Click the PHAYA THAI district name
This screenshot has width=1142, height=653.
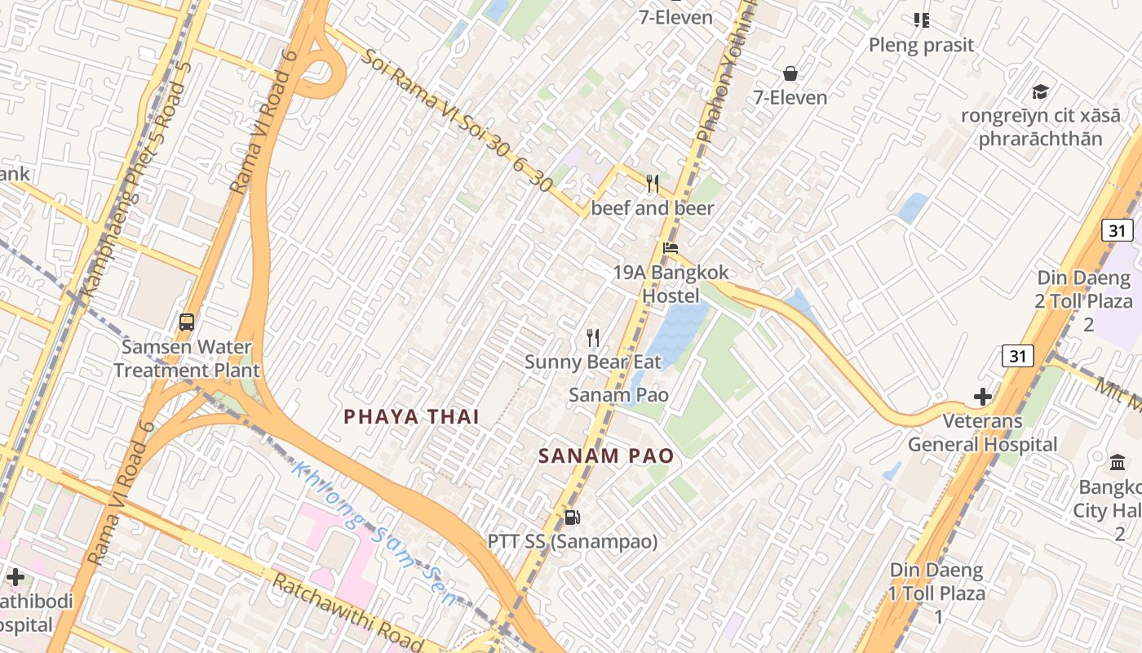(411, 416)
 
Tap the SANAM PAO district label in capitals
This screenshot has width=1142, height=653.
(606, 456)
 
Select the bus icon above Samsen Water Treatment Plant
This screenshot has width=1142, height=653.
(187, 322)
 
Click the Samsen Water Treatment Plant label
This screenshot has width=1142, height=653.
(187, 358)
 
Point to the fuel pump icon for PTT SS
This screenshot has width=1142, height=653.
(573, 518)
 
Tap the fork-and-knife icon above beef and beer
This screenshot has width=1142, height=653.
(653, 184)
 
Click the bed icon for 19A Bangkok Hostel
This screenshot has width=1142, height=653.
(671, 248)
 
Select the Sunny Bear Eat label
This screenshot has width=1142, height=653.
(587, 362)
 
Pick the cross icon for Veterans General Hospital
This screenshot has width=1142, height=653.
(983, 398)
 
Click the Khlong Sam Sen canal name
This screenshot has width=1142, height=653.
(375, 535)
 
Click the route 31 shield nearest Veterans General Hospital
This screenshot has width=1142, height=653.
(1018, 356)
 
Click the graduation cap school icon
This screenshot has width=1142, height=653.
(1040, 91)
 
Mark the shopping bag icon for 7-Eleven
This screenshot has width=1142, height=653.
(790, 74)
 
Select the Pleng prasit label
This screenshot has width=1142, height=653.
(921, 45)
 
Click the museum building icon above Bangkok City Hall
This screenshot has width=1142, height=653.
(1118, 463)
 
